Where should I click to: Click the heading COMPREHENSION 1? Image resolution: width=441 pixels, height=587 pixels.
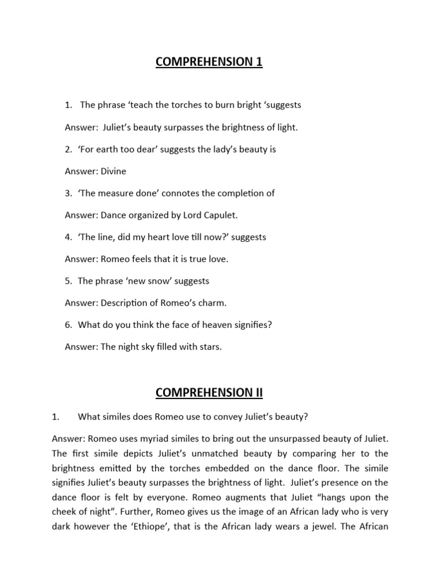point(208,62)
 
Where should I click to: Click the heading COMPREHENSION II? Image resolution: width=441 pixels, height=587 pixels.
point(208,392)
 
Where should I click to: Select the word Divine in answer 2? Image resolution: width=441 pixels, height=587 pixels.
point(113,171)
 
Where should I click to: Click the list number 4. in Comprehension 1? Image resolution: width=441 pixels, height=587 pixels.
point(68,237)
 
